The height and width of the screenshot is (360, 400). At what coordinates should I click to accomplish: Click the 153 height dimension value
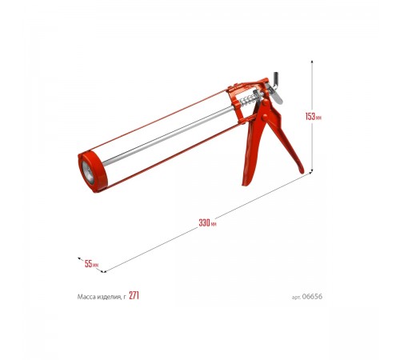(310, 117)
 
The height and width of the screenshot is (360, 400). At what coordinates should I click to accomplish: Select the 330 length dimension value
(205, 222)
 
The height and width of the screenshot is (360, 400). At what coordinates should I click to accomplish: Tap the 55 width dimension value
(88, 264)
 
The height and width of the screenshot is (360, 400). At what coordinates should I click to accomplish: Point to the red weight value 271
(134, 295)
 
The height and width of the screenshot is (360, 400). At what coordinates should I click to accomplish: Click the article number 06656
(312, 297)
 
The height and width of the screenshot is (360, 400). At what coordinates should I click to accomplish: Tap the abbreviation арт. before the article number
(296, 297)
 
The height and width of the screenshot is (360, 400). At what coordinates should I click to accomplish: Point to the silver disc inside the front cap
(88, 173)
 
